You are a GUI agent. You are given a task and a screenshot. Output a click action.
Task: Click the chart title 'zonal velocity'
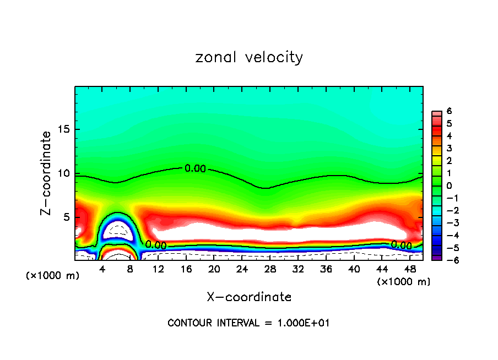pyautogui.click(x=249, y=57)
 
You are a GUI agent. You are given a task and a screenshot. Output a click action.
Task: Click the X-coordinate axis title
pyautogui.click(x=249, y=297)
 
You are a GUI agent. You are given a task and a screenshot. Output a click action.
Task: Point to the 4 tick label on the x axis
pyautogui.click(x=102, y=269)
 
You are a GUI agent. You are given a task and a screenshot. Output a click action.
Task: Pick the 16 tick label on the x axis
pyautogui.click(x=186, y=269)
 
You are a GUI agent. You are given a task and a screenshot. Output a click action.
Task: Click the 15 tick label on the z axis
pyautogui.click(x=63, y=130)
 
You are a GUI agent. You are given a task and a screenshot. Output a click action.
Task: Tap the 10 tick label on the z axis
pyautogui.click(x=63, y=174)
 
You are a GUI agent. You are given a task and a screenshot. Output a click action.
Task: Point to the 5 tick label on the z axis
pyautogui.click(x=66, y=217)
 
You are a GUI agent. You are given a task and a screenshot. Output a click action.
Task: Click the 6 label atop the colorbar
pyautogui.click(x=449, y=111)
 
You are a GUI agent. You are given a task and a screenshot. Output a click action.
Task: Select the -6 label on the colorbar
pyautogui.click(x=447, y=259)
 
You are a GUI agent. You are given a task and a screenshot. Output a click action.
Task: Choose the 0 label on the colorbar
pyautogui.click(x=449, y=185)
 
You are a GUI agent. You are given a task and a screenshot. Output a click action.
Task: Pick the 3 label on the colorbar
pyautogui.click(x=449, y=148)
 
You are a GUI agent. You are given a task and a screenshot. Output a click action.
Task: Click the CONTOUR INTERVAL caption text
pyautogui.click(x=248, y=323)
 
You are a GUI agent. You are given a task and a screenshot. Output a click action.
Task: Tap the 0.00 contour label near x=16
pyautogui.click(x=195, y=168)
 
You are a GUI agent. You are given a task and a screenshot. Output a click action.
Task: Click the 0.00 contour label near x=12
pyautogui.click(x=156, y=244)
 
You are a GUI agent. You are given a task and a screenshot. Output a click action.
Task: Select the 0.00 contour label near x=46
pyautogui.click(x=401, y=245)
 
